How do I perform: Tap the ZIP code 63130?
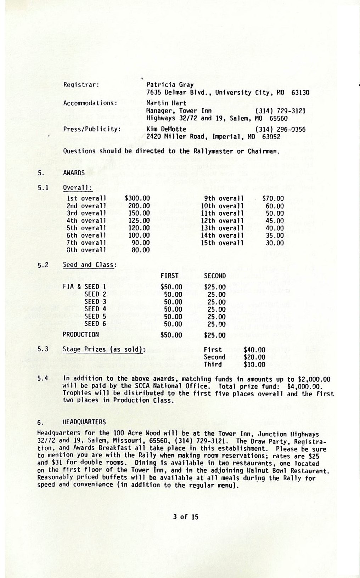[x=300, y=93]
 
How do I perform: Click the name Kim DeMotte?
[x=166, y=129]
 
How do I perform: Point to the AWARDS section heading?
[x=74, y=173]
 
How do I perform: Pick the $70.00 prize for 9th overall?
[x=273, y=199]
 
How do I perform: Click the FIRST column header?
[x=169, y=276]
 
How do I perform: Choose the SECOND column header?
[x=215, y=276]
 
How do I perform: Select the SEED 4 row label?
[x=95, y=309]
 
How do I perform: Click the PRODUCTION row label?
[x=81, y=335]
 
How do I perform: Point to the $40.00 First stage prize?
[x=254, y=350]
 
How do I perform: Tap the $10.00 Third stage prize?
[x=254, y=365]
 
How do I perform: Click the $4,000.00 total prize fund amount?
[x=309, y=386]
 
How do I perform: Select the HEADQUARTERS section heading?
[x=84, y=422]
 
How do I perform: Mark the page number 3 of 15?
[x=186, y=517]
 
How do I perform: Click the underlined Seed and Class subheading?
[x=90, y=265]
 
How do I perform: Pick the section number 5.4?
[x=43, y=379]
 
